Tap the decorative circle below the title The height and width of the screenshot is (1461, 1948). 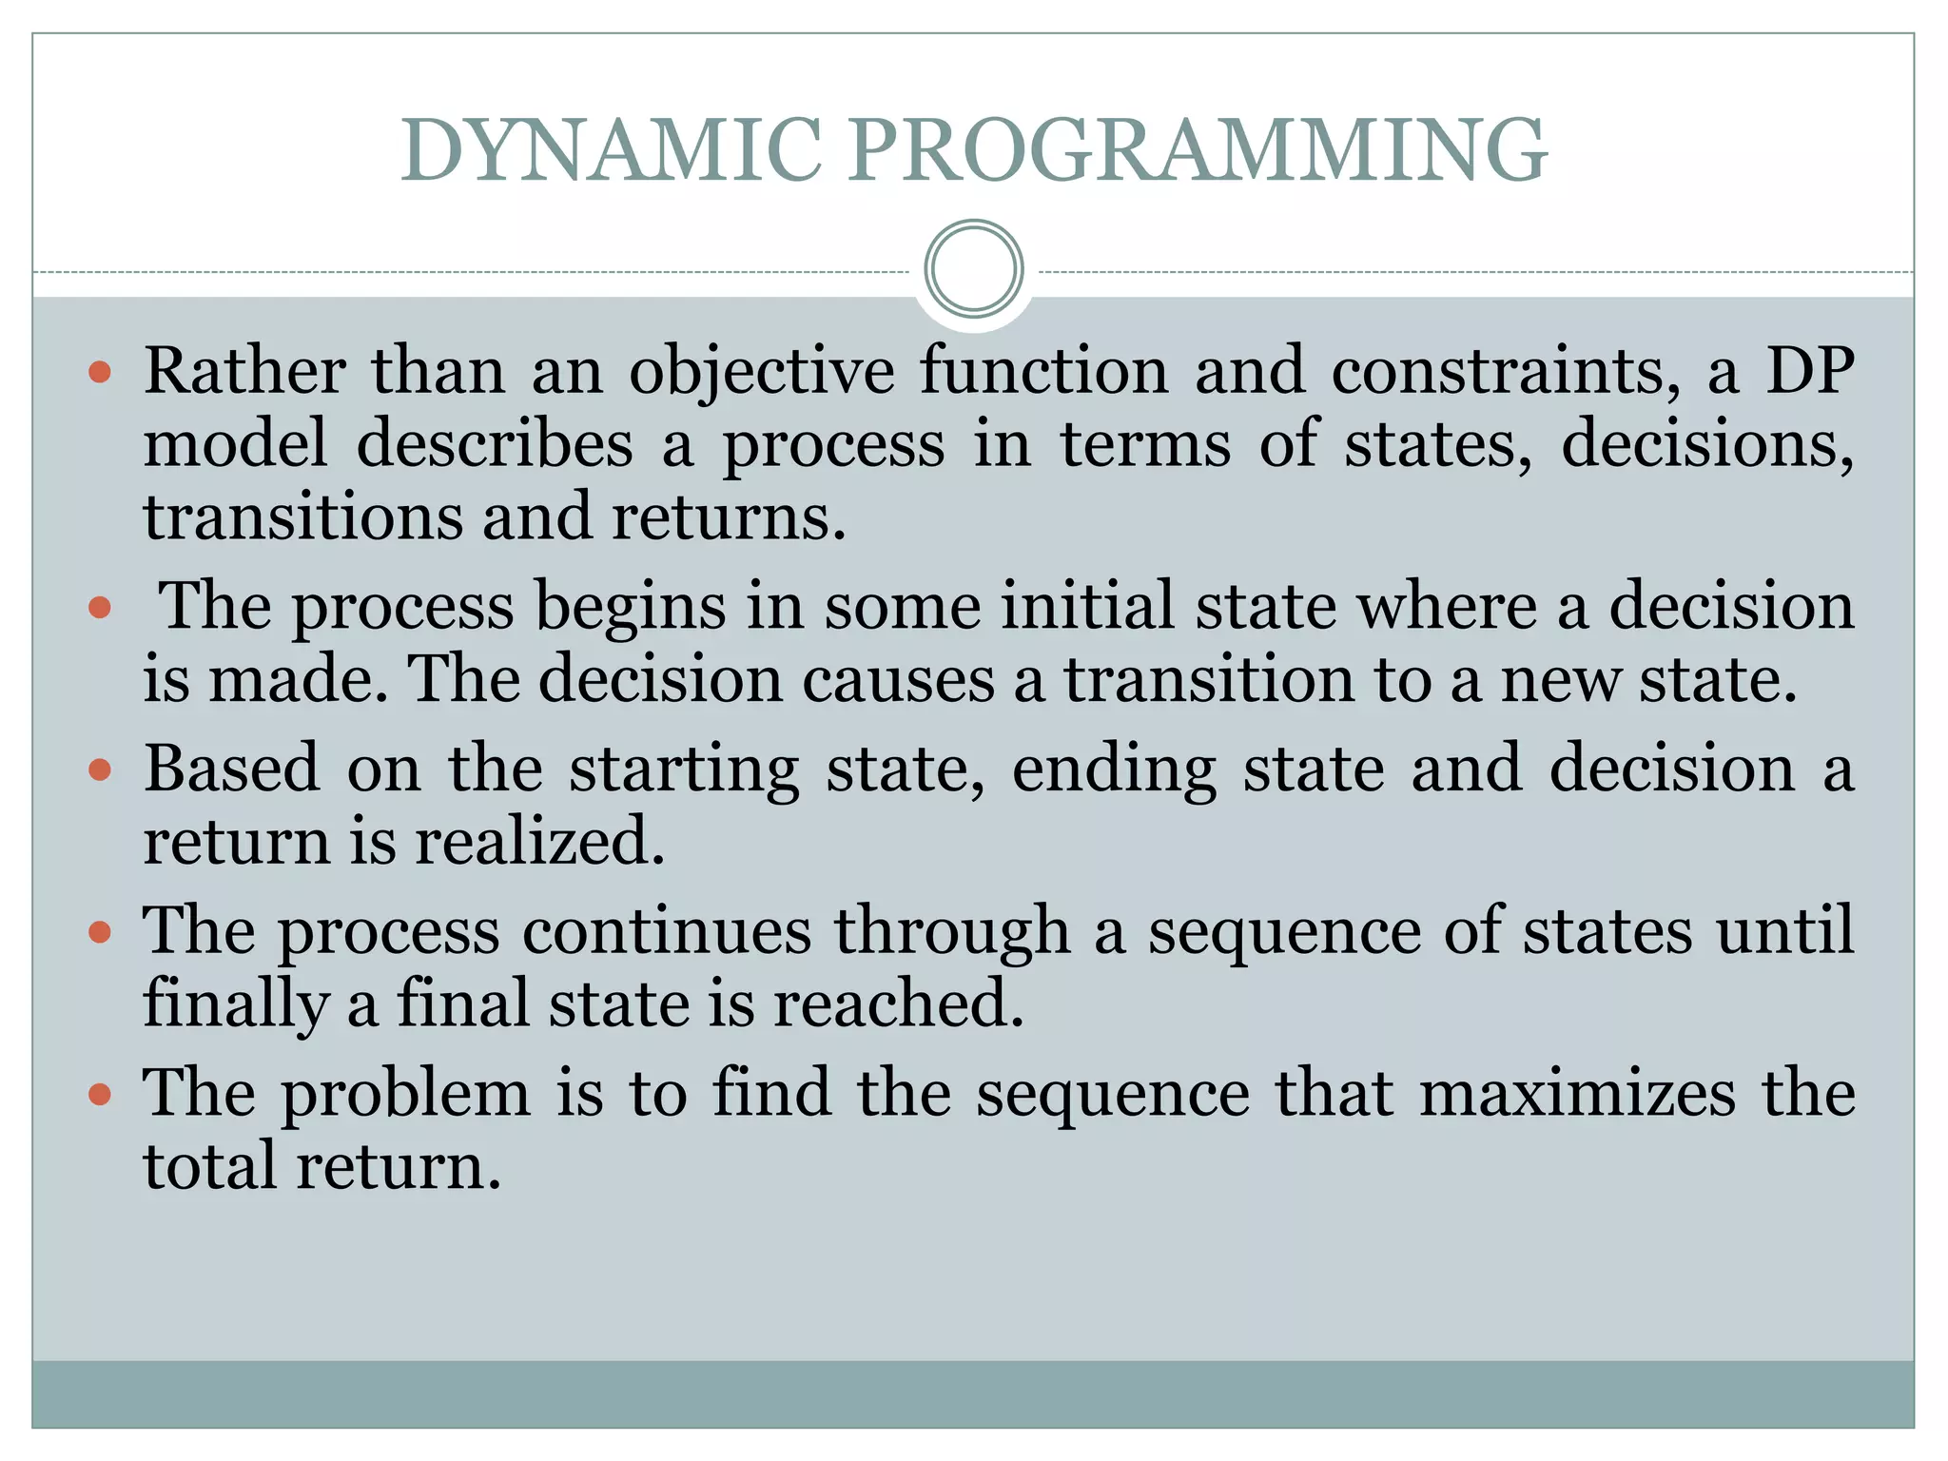tap(973, 269)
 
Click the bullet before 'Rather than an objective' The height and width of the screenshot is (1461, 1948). tap(100, 372)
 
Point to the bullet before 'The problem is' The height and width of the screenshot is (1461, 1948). tap(100, 1095)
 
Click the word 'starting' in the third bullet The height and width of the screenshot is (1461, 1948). tap(684, 770)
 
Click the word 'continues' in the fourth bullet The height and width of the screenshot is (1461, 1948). tap(666, 931)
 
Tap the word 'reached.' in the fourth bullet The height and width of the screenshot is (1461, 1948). tap(898, 1004)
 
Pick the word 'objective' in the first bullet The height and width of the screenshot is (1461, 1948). tap(761, 372)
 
